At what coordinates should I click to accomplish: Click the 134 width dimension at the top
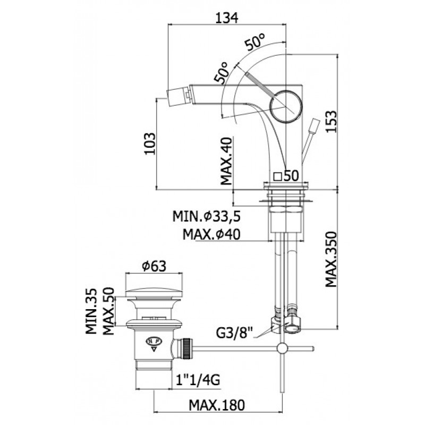point(227,18)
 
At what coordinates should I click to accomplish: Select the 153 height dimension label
point(331,121)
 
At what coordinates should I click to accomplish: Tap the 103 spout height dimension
point(150,143)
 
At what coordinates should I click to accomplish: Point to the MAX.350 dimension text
point(331,259)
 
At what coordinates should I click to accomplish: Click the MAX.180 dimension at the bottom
point(217,405)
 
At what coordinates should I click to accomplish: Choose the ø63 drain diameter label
point(154,267)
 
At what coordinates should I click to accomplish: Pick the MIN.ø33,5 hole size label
point(207,217)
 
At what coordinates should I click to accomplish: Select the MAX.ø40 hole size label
point(211,234)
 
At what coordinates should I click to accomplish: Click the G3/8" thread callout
point(234,333)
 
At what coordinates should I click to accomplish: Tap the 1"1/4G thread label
point(198,380)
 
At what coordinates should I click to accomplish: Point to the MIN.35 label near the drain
point(91,311)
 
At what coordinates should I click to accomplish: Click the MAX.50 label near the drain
point(109,311)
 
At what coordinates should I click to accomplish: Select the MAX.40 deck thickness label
point(227,161)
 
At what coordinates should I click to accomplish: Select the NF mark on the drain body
point(154,341)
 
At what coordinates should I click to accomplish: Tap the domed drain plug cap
point(154,294)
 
